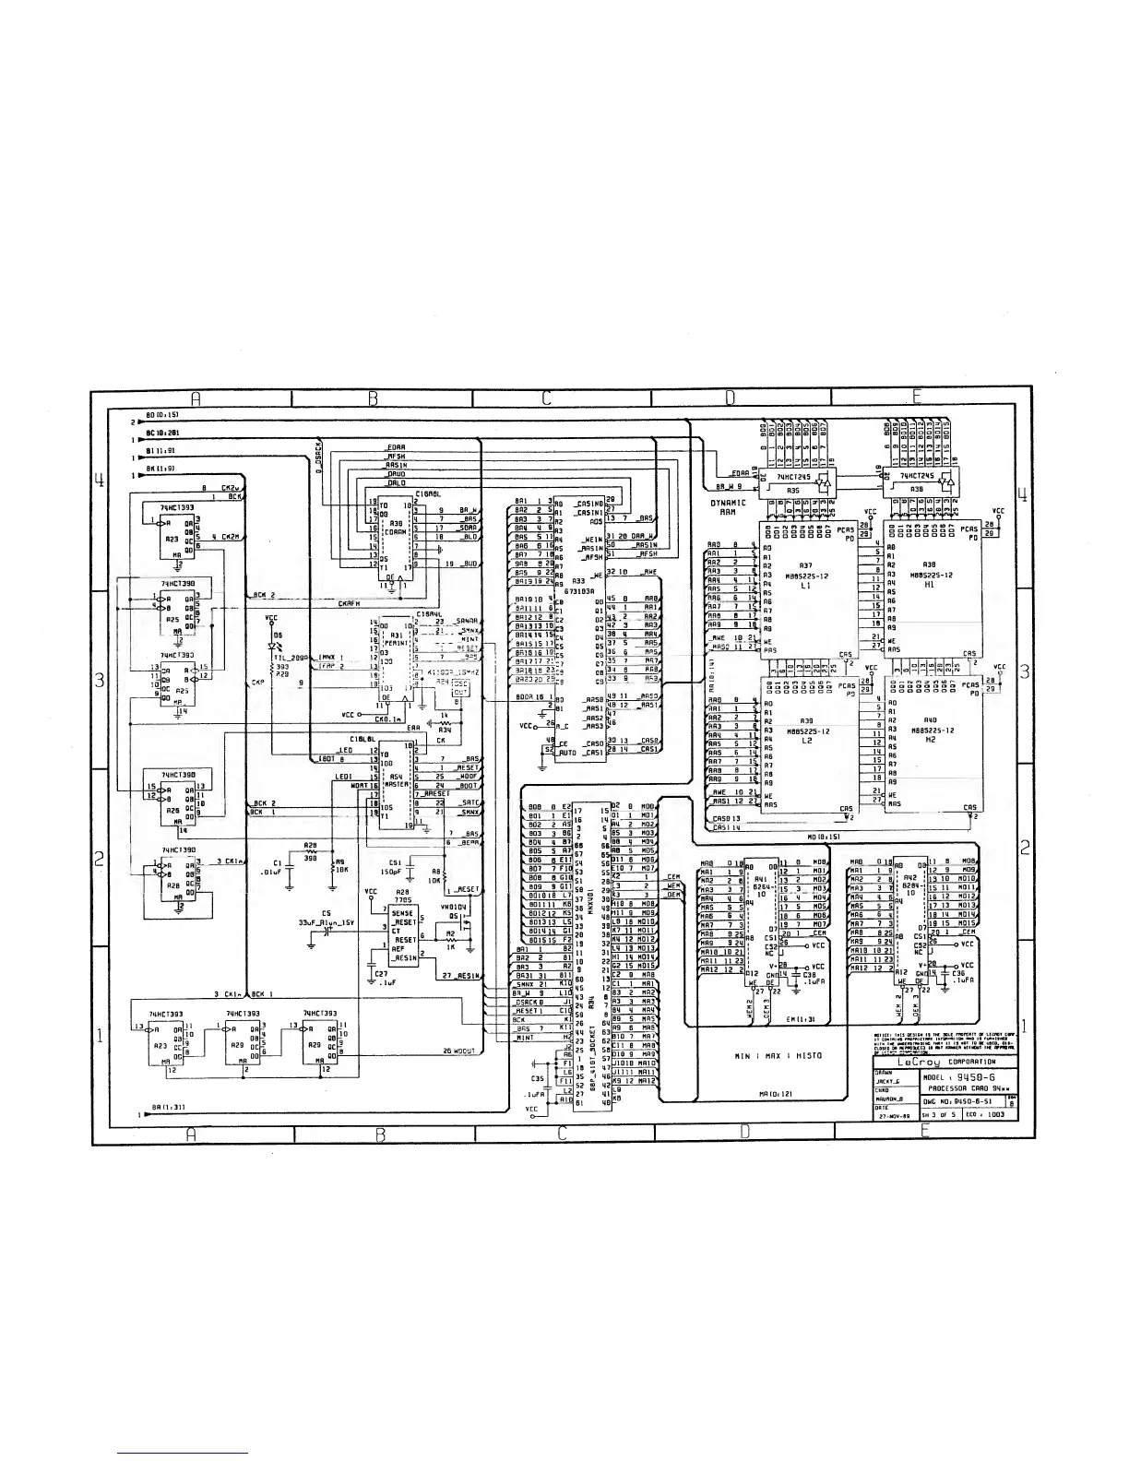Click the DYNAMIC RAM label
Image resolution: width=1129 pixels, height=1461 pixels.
(x=728, y=507)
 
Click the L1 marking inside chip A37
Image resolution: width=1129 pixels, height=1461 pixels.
(x=806, y=586)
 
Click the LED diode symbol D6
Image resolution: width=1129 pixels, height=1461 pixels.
(x=272, y=644)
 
